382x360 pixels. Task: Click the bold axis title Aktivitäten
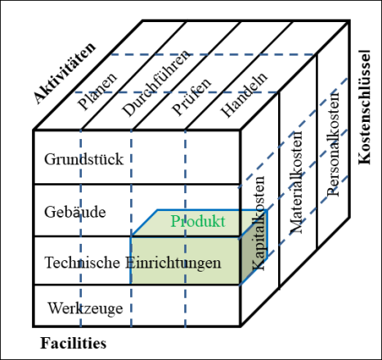[65, 73]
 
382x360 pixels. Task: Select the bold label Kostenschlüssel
[365, 107]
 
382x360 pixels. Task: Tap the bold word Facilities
[74, 343]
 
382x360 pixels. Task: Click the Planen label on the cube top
[97, 92]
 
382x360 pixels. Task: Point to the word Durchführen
[155, 83]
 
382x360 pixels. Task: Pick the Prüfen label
[191, 97]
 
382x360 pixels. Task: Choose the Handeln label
[244, 95]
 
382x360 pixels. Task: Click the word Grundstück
[83, 160]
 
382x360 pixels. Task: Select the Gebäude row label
[75, 212]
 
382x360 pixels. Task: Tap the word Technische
[82, 263]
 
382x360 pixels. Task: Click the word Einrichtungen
[173, 263]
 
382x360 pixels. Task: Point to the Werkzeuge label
[86, 308]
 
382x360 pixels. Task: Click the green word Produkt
[198, 221]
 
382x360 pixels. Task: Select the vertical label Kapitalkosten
[258, 223]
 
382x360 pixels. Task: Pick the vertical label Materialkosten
[296, 182]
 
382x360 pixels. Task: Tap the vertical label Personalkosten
[333, 145]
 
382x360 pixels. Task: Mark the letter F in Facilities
[45, 343]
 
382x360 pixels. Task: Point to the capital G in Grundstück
[49, 159]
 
